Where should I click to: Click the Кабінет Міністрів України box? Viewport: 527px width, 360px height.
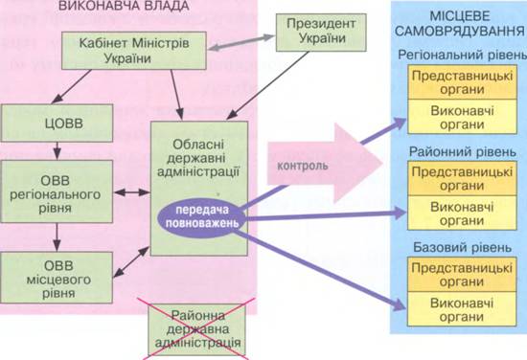pos(134,51)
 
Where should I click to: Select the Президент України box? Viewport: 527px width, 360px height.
pos(321,33)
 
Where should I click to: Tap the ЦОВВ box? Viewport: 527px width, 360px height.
pos(57,123)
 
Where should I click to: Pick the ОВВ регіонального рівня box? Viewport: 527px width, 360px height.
pos(57,191)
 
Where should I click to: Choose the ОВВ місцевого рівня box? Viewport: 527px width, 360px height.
pos(57,278)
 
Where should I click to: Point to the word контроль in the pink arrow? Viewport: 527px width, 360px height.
pos(303,166)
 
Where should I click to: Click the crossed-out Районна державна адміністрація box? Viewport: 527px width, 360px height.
pos(197,329)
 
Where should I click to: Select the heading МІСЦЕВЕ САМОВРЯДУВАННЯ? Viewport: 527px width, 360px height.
pos(459,24)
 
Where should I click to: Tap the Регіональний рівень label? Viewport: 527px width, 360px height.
pos(462,56)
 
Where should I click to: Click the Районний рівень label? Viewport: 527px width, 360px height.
pos(463,152)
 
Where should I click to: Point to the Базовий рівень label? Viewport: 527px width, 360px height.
pos(463,247)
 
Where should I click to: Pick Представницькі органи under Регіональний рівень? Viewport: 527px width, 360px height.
pos(462,82)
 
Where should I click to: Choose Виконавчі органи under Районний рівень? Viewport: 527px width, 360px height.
pos(462,213)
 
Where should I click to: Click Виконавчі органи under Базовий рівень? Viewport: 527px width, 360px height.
pos(462,309)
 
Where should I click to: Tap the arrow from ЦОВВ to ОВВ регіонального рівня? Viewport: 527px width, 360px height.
pos(57,150)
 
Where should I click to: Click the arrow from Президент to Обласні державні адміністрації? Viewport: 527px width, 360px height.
pos(267,85)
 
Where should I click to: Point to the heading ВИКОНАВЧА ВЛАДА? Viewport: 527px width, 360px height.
pos(124,6)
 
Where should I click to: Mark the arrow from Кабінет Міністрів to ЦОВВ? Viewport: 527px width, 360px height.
pos(71,86)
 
